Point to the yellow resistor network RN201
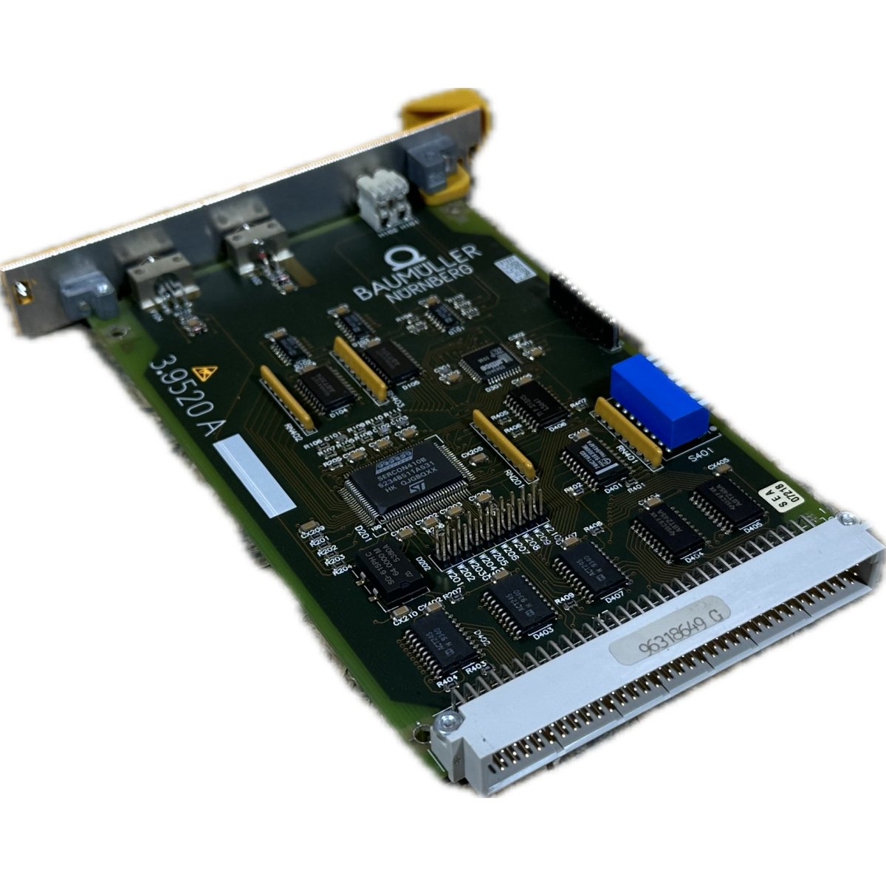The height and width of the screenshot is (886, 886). [x=504, y=443]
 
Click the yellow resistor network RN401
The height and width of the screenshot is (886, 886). [x=628, y=432]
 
